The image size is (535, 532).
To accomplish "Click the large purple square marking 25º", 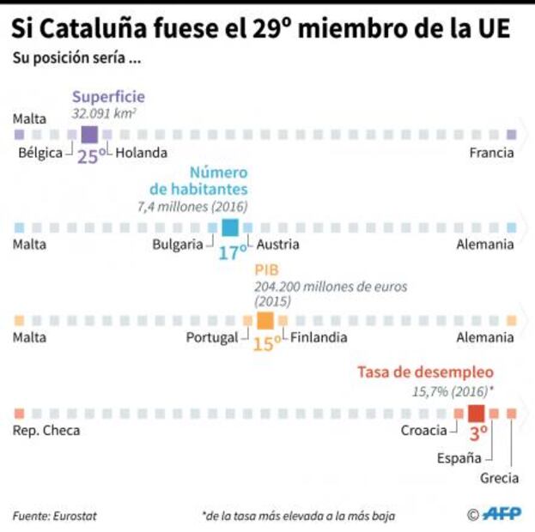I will click(x=89, y=135).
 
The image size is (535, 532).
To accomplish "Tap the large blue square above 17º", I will click(x=230, y=227).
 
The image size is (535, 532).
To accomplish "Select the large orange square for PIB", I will click(x=265, y=320).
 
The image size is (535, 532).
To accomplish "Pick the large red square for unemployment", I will click(x=477, y=413).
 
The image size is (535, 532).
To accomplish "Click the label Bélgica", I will click(x=40, y=153).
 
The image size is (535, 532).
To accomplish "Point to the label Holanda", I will click(x=141, y=153).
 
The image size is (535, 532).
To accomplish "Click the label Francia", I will click(x=491, y=153).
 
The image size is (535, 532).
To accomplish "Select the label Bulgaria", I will click(x=178, y=245).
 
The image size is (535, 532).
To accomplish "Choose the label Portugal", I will click(x=211, y=337).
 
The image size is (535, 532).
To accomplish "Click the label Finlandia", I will click(x=319, y=337).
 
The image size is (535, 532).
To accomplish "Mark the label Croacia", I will click(x=423, y=430).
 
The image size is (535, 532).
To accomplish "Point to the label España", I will click(x=459, y=457).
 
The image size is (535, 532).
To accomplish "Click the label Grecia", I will click(x=499, y=480).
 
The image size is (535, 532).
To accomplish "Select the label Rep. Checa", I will click(x=46, y=430).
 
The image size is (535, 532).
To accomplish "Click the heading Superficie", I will click(x=108, y=97).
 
